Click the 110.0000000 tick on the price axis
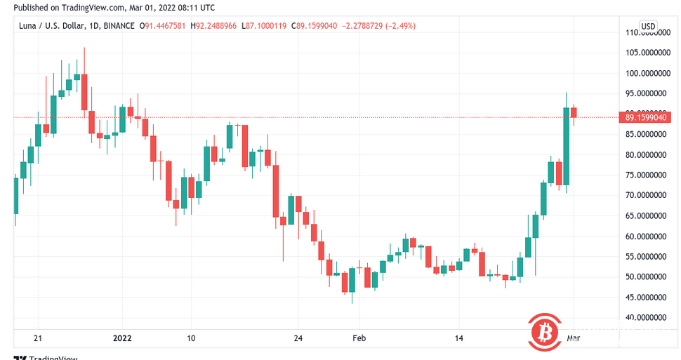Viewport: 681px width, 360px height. point(645,32)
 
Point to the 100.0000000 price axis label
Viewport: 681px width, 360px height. point(645,73)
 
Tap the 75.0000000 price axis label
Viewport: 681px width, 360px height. point(645,175)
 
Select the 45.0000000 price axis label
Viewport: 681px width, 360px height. point(645,297)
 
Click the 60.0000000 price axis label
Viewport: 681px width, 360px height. point(645,236)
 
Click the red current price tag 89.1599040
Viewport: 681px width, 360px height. point(645,117)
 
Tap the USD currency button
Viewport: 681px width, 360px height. point(648,27)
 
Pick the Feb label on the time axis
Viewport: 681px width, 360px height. point(359,338)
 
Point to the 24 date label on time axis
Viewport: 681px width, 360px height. point(298,338)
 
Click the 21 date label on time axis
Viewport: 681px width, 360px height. point(38,338)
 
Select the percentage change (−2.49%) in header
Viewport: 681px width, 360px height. point(399,26)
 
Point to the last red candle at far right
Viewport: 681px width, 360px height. point(574,112)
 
